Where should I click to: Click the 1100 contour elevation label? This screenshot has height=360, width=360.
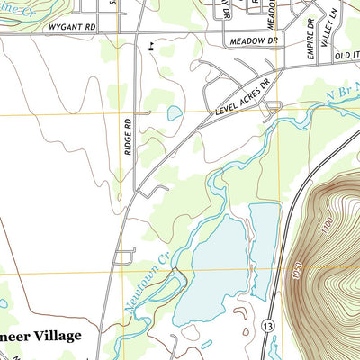[329, 222]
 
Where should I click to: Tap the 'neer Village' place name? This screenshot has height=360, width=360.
[40, 335]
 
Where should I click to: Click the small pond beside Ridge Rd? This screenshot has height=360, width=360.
[173, 113]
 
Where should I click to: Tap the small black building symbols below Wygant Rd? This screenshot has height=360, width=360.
[150, 42]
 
